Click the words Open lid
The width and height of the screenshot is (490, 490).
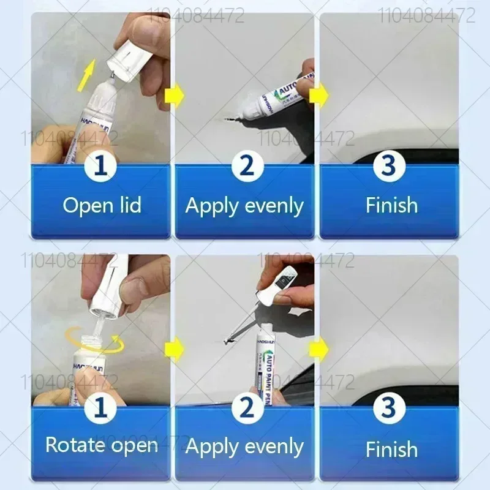tap(102, 205)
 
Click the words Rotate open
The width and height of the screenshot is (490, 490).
tap(102, 445)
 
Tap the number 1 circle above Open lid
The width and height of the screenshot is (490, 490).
tap(102, 167)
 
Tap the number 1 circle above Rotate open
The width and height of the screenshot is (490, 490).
tap(102, 407)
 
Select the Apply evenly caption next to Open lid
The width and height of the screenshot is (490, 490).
tap(244, 205)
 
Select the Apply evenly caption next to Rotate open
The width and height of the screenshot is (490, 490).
tap(244, 447)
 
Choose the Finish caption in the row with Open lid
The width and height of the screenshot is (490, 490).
tap(391, 205)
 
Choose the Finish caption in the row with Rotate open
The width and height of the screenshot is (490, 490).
tap(391, 449)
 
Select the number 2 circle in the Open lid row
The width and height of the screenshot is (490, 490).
tap(246, 167)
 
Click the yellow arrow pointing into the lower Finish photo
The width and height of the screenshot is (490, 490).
tap(318, 349)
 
